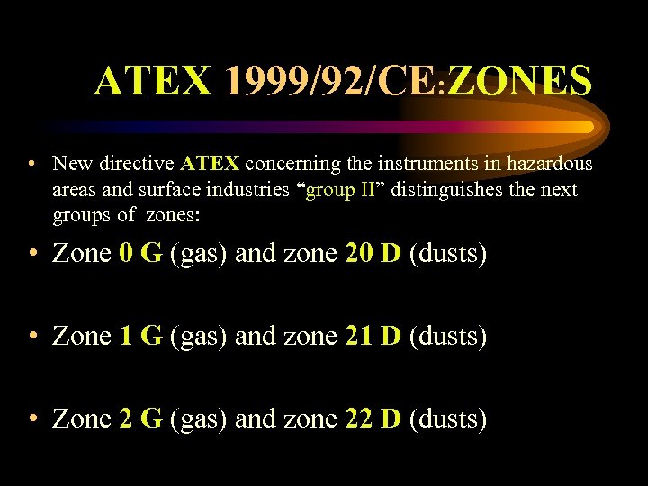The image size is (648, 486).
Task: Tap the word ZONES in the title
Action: click(x=519, y=82)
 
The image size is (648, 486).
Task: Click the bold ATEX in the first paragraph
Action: click(x=210, y=164)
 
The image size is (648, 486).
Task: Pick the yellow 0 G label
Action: click(x=140, y=255)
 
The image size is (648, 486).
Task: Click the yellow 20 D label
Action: click(x=373, y=255)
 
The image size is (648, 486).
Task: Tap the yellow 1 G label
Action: click(x=140, y=337)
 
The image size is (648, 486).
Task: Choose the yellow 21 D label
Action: click(x=373, y=337)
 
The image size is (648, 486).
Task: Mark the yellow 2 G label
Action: click(x=140, y=418)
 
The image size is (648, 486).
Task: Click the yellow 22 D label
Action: click(x=373, y=418)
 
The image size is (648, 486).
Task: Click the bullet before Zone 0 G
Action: click(x=32, y=256)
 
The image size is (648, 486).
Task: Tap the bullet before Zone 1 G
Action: click(x=32, y=337)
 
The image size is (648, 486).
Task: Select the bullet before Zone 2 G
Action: click(x=32, y=419)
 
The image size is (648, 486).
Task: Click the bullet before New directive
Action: click(x=31, y=165)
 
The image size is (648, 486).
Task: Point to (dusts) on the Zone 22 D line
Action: click(x=448, y=418)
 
